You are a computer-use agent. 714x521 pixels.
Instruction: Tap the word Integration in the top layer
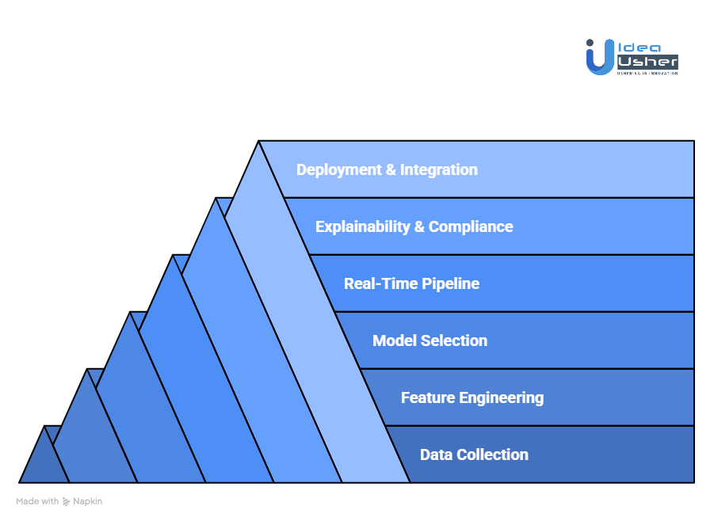point(439,169)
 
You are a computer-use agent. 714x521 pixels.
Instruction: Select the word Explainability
point(362,226)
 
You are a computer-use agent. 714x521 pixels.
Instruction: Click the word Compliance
point(471,226)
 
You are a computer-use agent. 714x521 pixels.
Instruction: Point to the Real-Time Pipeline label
point(411,283)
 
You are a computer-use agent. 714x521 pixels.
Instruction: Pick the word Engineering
point(502,397)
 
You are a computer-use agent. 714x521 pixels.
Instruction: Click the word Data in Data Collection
point(435,454)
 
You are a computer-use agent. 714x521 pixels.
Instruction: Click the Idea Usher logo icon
point(599,58)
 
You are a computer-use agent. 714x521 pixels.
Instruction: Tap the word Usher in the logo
point(647,62)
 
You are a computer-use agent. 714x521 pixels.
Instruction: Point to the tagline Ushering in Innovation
point(647,73)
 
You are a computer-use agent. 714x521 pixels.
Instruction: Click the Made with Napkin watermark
point(59,501)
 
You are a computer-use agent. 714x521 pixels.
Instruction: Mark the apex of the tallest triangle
point(259,143)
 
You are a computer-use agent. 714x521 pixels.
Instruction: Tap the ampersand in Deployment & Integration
point(391,169)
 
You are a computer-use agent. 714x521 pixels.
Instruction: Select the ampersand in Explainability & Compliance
point(419,226)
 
